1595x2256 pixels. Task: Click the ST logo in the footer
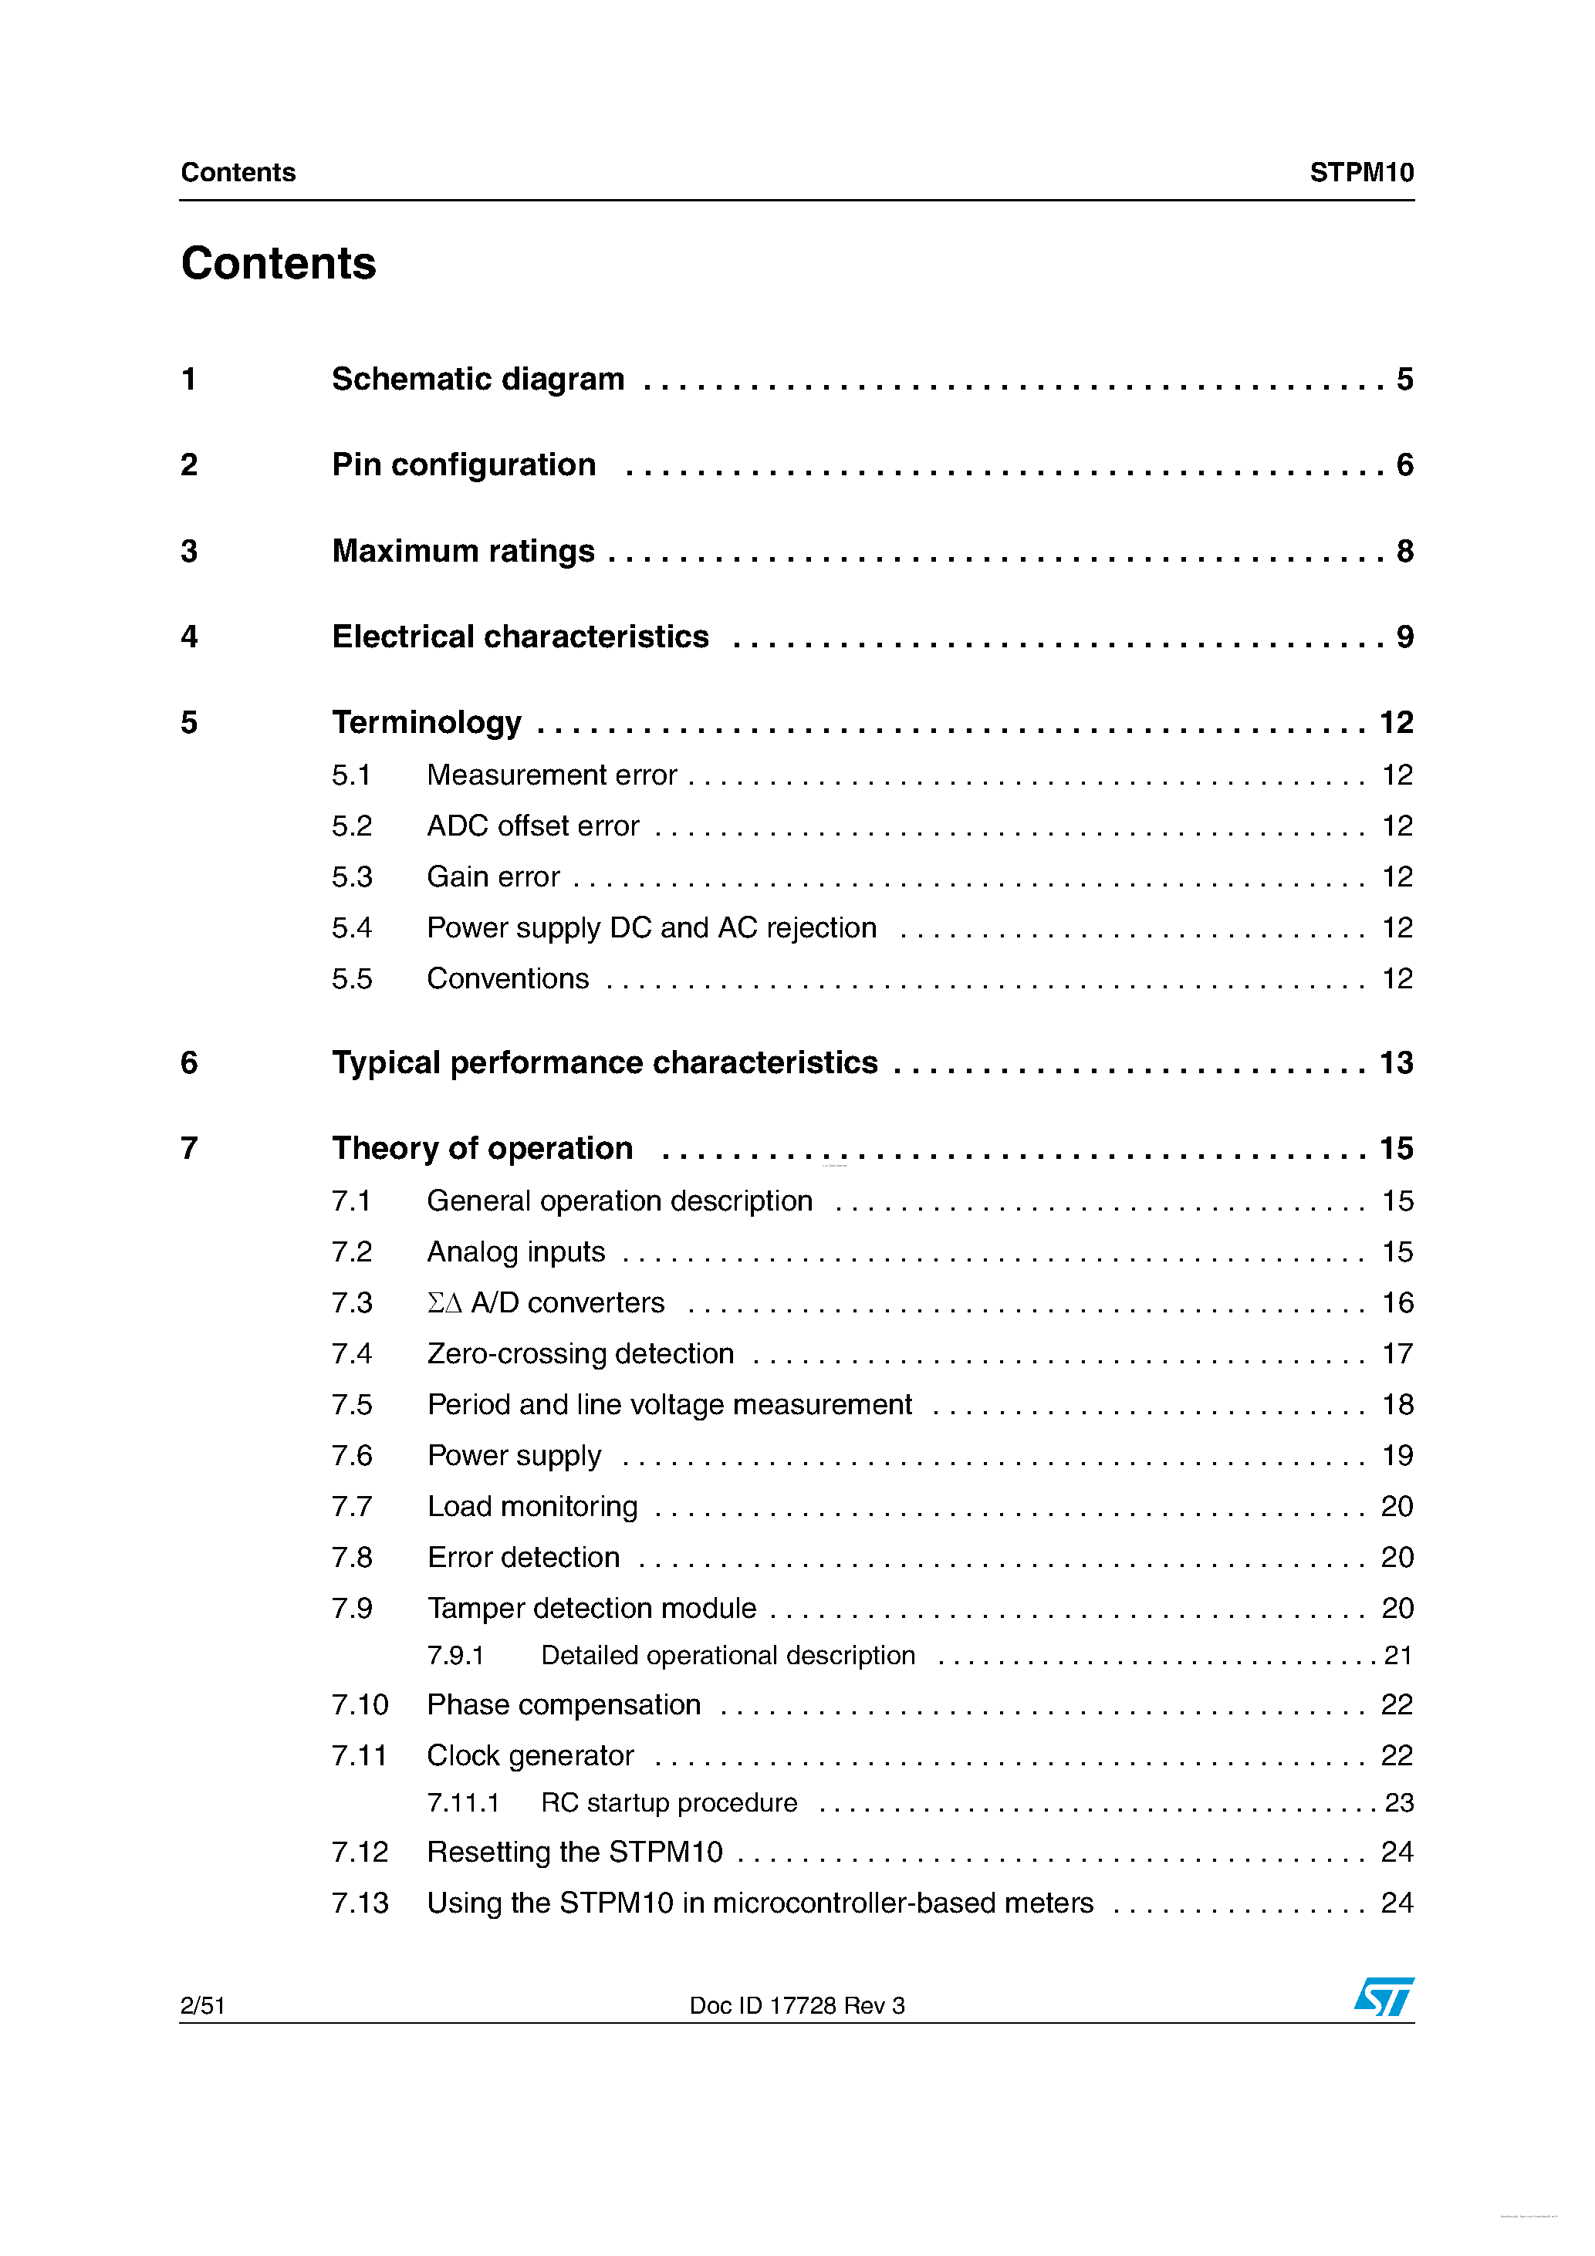1384,1997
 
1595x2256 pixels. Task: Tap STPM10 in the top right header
1361,173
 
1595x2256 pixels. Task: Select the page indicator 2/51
202,2005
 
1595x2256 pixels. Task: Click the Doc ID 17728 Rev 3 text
796,2005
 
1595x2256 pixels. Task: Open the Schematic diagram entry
478,380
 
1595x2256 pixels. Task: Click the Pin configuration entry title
464,464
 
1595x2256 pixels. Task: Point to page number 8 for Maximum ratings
1404,551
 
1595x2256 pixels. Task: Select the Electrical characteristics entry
520,637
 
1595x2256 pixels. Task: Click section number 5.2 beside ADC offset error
352,826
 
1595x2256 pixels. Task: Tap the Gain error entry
492,876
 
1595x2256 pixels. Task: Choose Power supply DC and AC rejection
651,927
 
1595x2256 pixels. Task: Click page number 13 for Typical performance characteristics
1395,1063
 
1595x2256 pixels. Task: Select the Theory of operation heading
482,1149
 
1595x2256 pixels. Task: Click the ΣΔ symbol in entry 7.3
444,1303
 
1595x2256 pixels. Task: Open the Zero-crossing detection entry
580,1354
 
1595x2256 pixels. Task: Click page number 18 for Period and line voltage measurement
1397,1405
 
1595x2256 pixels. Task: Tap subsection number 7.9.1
455,1656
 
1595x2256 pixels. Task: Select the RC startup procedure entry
668,1803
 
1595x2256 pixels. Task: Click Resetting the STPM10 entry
574,1852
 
